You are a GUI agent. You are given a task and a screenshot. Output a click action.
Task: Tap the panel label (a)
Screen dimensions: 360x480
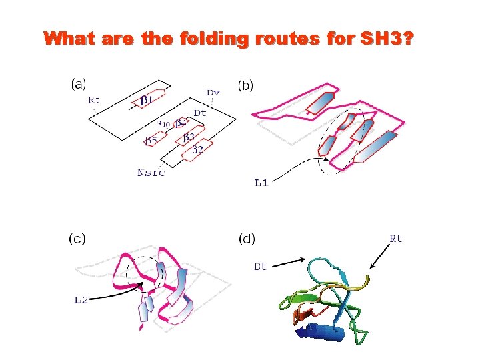[x=79, y=84]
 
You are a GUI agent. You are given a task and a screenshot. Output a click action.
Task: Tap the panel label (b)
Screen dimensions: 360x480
[x=246, y=85]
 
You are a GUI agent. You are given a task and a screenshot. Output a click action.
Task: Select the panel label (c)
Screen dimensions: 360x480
[x=77, y=238]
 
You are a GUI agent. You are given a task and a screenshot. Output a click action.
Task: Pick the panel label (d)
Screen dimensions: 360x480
[x=246, y=238]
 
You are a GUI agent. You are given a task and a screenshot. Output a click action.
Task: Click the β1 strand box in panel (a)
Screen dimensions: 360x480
[x=149, y=99]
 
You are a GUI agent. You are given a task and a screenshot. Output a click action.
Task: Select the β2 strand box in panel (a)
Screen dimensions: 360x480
[x=197, y=150]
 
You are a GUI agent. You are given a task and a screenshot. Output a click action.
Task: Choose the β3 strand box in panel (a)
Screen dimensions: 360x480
[x=189, y=137]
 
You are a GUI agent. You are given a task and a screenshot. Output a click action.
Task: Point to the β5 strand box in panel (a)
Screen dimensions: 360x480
[x=151, y=140]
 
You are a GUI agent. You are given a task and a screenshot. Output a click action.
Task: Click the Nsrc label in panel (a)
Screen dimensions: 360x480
[x=151, y=173]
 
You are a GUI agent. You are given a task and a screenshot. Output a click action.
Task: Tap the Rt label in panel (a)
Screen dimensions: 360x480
[x=95, y=100]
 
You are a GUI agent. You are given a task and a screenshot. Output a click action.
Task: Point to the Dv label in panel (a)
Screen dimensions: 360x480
[x=213, y=92]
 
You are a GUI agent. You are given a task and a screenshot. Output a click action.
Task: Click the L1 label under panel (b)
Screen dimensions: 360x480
[x=261, y=183]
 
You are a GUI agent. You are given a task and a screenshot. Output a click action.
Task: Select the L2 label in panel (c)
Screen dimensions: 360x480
[x=81, y=301]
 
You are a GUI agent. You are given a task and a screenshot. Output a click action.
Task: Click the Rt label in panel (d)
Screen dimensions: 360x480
[x=395, y=239]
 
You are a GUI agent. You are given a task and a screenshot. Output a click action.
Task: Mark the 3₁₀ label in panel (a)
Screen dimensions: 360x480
[x=163, y=124]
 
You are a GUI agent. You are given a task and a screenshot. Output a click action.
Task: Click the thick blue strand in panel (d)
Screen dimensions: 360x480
[x=326, y=331]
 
